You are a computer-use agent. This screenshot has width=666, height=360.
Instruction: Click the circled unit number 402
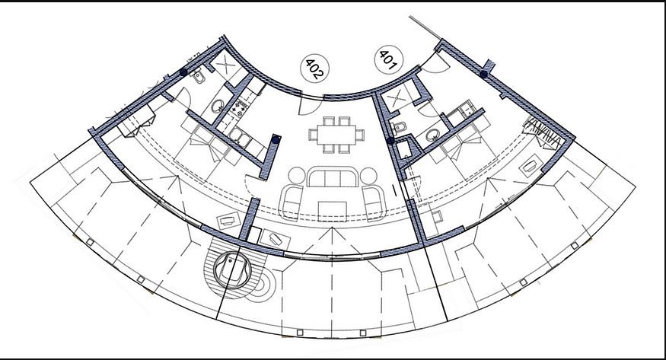(x=315, y=68)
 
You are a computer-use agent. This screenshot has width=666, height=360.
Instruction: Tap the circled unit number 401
(x=388, y=59)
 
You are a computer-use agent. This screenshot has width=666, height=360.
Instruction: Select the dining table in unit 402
(x=336, y=135)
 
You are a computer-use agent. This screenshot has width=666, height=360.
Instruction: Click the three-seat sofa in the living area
(x=333, y=177)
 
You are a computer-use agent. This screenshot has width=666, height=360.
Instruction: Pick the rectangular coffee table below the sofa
(x=333, y=211)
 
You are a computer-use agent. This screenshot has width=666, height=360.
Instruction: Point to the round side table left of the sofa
(x=297, y=176)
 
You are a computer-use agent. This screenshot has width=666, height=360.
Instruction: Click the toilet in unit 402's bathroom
(x=197, y=77)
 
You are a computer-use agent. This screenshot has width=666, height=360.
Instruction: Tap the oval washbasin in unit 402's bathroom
(x=218, y=106)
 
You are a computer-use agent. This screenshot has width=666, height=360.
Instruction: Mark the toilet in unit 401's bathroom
(x=400, y=126)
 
